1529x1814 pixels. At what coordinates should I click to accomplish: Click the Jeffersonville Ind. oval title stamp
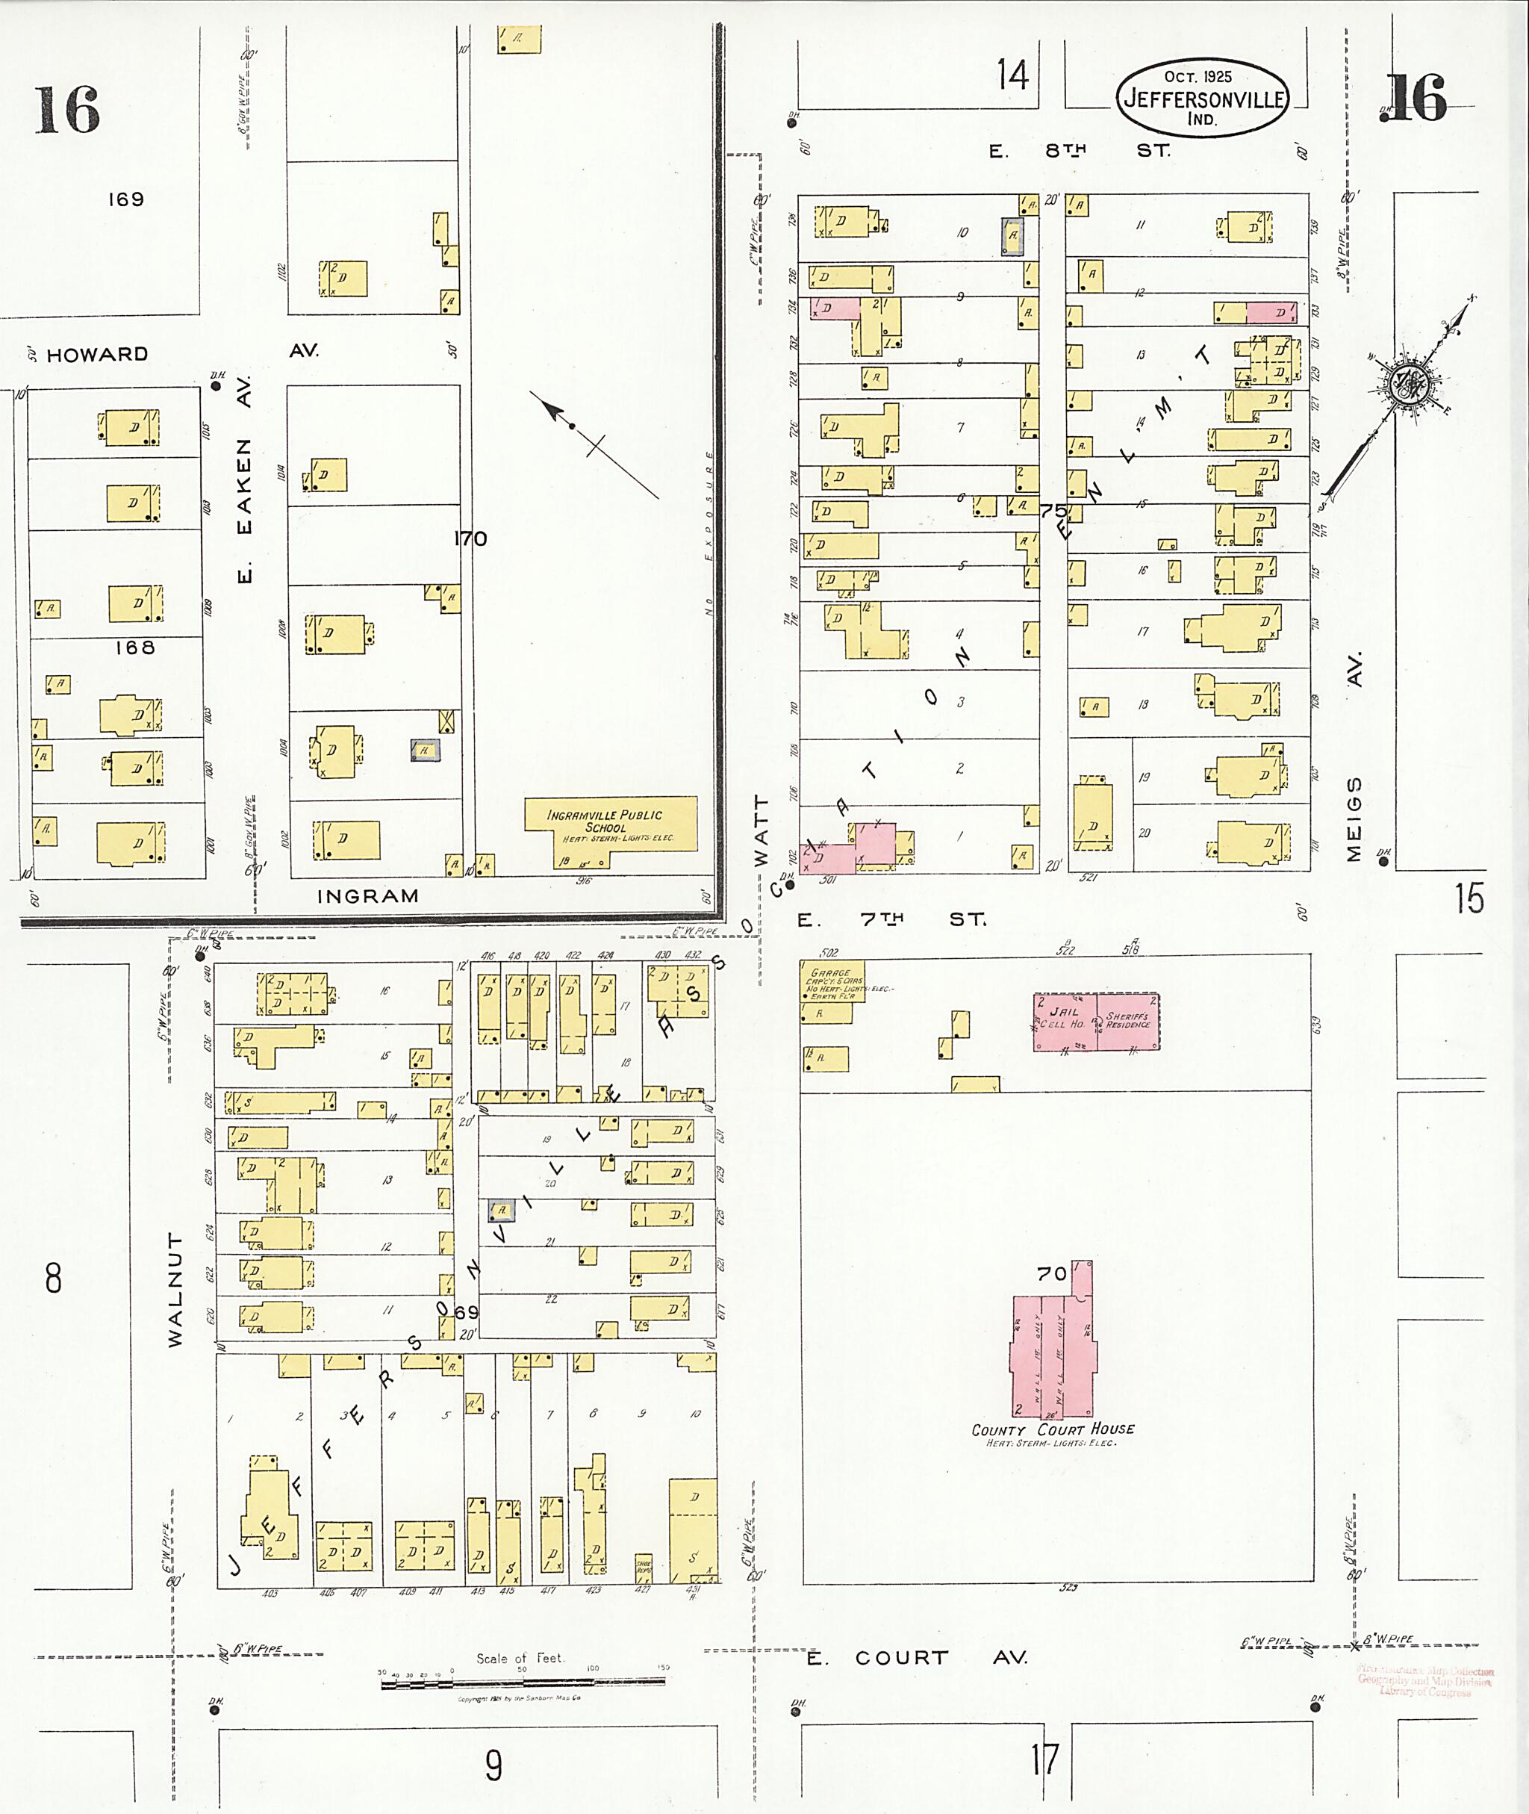(1201, 98)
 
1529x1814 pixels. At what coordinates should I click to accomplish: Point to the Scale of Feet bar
(523, 1683)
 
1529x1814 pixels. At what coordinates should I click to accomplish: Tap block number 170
(470, 539)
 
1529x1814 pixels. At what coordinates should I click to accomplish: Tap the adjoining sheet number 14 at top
(1012, 75)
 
